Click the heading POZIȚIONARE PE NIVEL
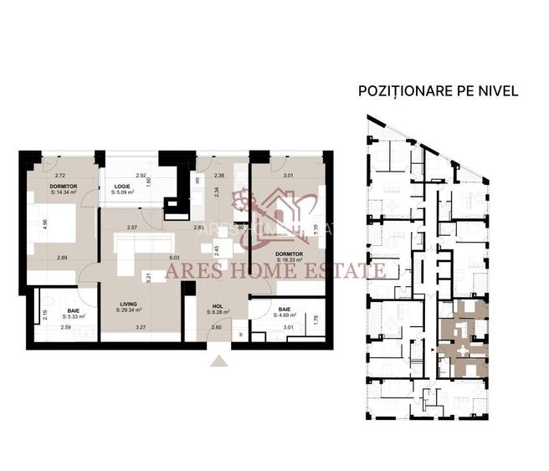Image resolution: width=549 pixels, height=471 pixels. [x=438, y=90]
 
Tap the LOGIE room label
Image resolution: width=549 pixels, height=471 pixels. [x=122, y=187]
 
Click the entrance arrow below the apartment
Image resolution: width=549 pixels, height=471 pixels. [x=219, y=361]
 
